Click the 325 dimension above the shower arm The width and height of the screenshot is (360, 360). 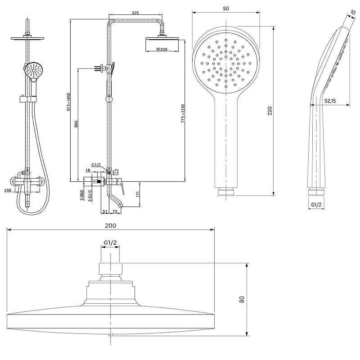[135, 13]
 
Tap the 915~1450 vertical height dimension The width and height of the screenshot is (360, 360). [68, 102]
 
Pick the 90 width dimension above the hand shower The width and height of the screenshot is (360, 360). [226, 8]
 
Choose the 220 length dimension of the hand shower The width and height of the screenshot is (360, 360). [270, 111]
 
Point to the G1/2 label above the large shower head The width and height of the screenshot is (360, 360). [110, 243]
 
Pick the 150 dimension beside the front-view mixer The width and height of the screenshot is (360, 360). [8, 190]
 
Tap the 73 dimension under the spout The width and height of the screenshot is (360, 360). [115, 211]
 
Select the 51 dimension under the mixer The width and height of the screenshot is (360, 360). [104, 211]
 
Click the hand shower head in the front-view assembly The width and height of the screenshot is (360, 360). [33, 70]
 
